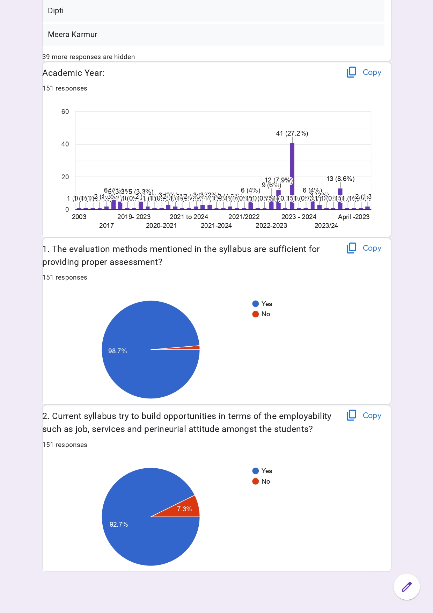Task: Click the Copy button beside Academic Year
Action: coord(364,72)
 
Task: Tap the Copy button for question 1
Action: coord(364,248)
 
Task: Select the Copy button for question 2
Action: coord(364,416)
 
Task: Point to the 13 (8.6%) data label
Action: coord(340,179)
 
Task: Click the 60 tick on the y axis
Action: coord(65,112)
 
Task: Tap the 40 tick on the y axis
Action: coord(65,144)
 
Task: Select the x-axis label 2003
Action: coord(79,217)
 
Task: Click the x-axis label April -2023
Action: coord(353,217)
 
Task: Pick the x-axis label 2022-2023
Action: coord(271,226)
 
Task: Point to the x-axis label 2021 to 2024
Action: coord(189,217)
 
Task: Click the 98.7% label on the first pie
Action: coord(117,351)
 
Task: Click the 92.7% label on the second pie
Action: coord(119,525)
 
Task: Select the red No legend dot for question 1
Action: coord(256,314)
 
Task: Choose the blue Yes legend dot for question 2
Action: coord(256,471)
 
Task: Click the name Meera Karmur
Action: coord(73,35)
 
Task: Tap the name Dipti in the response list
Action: coord(56,11)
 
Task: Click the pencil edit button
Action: coord(407,587)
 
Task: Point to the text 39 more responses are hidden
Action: coord(89,57)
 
